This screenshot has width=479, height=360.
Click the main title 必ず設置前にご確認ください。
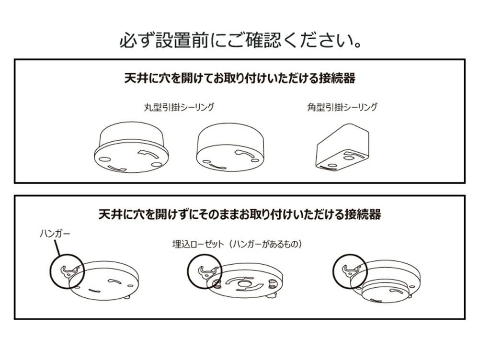240,40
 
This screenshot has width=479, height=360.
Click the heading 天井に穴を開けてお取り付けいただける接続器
240,78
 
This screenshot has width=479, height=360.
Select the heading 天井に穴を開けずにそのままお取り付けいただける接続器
240,214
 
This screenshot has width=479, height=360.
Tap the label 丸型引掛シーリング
179,107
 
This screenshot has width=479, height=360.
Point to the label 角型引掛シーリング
342,107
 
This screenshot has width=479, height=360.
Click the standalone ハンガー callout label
55,234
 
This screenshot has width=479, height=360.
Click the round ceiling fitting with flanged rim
131,147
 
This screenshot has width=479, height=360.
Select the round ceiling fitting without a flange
230,147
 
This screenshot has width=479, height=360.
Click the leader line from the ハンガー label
57,247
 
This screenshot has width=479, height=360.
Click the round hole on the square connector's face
347,158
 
